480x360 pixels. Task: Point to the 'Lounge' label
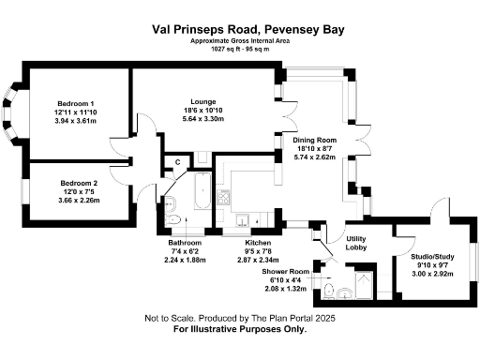click(203, 101)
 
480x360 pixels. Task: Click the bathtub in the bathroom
click(201, 191)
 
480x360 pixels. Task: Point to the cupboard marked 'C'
click(177, 162)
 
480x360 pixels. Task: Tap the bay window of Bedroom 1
click(11, 112)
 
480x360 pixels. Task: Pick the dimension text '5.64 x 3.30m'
click(203, 120)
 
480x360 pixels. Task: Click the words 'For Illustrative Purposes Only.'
click(239, 330)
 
